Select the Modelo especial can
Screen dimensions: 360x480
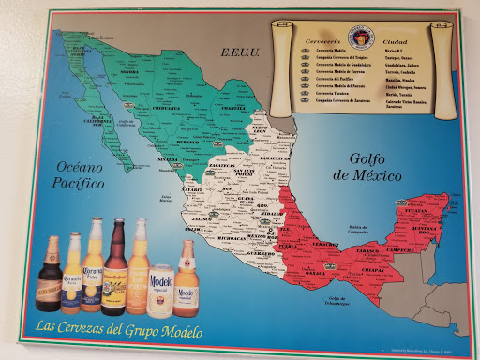point(161,287)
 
